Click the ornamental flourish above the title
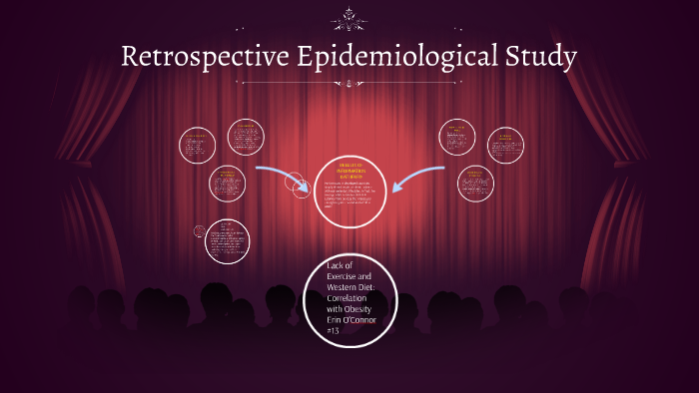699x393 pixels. pyautogui.click(x=349, y=18)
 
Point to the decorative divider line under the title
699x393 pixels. pyautogui.click(x=349, y=85)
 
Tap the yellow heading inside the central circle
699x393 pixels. pyautogui.click(x=349, y=170)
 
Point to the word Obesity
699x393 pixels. pyautogui.click(x=356, y=310)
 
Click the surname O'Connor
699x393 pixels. pyautogui.click(x=364, y=321)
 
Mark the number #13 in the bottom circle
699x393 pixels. pyautogui.click(x=334, y=332)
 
